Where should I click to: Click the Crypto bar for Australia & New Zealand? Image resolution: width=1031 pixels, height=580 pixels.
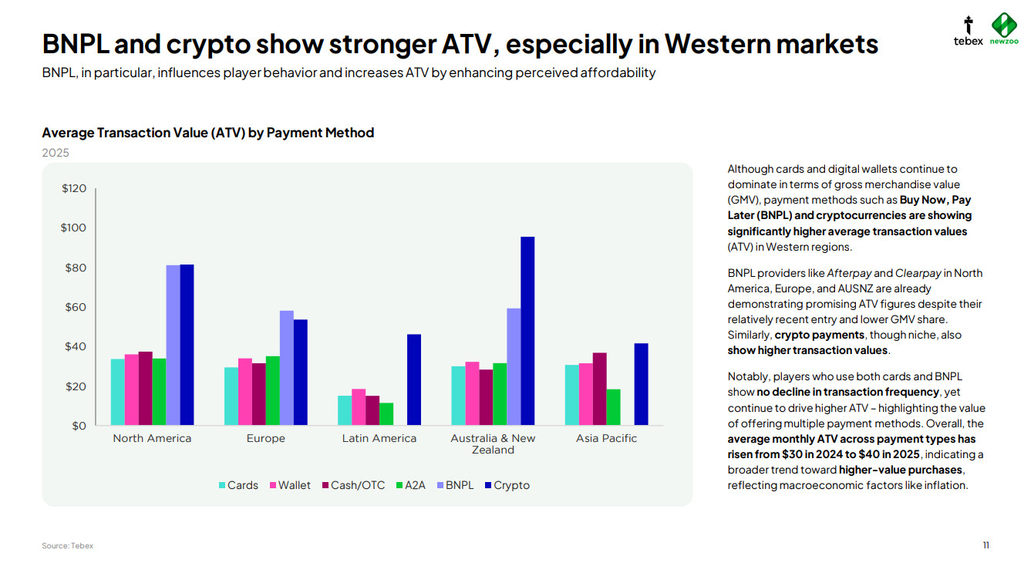tap(527, 331)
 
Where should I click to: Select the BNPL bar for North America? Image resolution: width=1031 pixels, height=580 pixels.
tap(173, 345)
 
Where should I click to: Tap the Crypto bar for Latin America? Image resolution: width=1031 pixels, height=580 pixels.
tap(414, 379)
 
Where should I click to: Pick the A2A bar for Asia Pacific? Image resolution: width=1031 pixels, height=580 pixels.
tap(613, 406)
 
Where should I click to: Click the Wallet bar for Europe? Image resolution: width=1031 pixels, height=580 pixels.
tap(245, 391)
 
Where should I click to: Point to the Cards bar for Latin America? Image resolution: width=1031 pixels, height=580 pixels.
tap(345, 410)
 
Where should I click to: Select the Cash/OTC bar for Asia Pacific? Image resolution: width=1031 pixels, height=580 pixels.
tap(599, 389)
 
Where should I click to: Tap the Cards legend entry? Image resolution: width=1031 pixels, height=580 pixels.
tap(238, 485)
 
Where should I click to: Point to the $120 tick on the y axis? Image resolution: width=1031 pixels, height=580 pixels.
tap(74, 188)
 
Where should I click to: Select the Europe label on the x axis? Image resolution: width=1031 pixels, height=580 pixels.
tap(266, 438)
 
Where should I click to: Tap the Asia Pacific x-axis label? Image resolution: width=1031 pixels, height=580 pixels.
tap(606, 438)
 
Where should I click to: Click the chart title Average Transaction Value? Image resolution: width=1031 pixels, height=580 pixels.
tap(207, 133)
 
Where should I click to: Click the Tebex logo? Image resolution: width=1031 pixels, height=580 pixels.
tap(968, 31)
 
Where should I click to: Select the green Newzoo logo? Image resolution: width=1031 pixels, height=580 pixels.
tap(1004, 29)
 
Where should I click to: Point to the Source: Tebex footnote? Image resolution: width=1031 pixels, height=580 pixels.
tap(67, 545)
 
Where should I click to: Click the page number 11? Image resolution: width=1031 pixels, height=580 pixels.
tap(986, 545)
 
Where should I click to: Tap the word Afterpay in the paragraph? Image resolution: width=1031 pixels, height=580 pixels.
tap(849, 273)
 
